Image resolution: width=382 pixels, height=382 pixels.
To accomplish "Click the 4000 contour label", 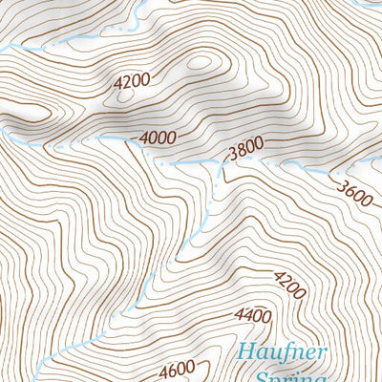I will tap(158, 138).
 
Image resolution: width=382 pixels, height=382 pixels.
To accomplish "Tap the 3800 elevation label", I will tap(244, 149).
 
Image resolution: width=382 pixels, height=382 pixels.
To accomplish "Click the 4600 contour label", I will tap(178, 368).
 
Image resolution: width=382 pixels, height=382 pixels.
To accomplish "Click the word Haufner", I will tap(284, 352).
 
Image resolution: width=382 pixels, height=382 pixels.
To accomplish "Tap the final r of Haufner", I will tap(323, 351).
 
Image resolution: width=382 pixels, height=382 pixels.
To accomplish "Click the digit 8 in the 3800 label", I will tap(239, 151).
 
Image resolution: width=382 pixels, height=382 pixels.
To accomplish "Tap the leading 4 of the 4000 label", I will tap(143, 138).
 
